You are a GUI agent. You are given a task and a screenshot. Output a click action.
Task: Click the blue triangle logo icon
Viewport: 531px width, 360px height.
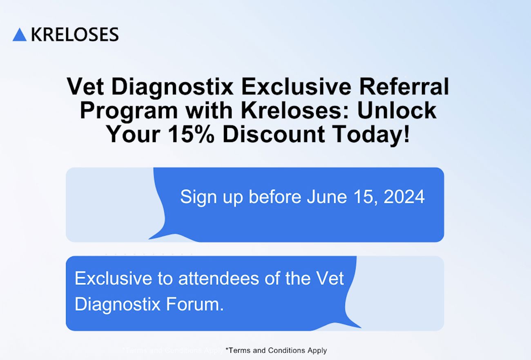pyautogui.click(x=20, y=35)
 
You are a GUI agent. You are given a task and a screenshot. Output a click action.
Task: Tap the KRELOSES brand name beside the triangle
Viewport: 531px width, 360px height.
pyautogui.click(x=75, y=35)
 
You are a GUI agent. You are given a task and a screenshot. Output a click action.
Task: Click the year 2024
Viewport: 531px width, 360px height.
pyautogui.click(x=404, y=197)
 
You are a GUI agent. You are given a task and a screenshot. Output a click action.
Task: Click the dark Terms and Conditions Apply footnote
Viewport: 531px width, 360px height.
pyautogui.click(x=276, y=350)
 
